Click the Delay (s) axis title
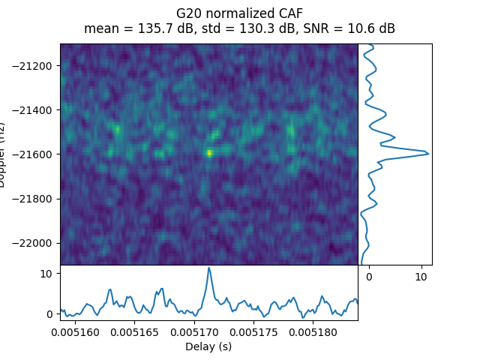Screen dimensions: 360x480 coord(208,346)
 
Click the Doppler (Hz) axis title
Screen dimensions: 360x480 coord(5,154)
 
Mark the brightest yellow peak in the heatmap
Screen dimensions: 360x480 coord(209,153)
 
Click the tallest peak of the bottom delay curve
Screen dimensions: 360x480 coord(209,268)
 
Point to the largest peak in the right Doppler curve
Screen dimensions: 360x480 coord(428,153)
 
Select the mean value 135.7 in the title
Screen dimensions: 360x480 coord(137,29)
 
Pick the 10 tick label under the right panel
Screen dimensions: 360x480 coord(421,277)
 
